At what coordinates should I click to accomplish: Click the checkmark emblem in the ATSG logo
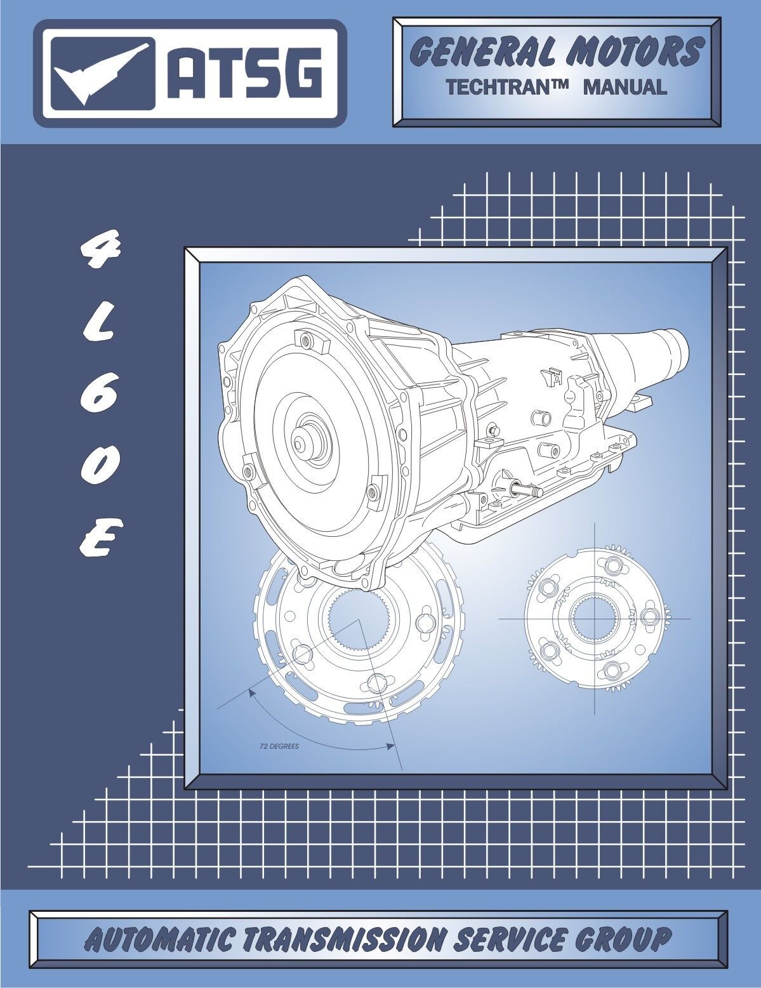102,74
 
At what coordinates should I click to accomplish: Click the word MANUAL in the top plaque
625,87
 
